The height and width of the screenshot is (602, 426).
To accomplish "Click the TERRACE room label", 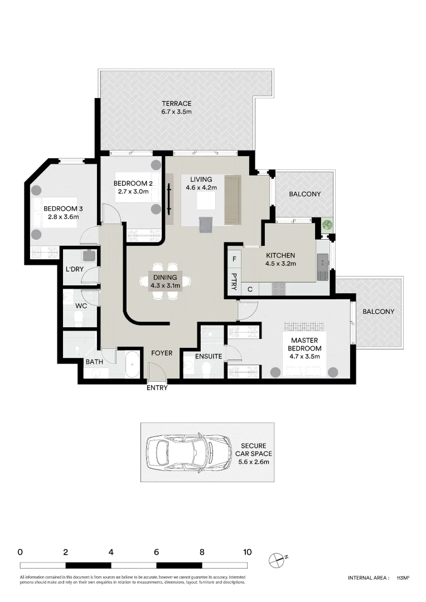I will pos(177,104).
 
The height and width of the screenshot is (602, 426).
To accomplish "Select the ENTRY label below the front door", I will pos(157,388).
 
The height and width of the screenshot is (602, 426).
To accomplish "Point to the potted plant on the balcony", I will pos(327,226).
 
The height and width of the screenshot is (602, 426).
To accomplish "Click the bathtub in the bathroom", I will pos(133,365).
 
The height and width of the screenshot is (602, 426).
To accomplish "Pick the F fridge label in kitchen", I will pos(234,259).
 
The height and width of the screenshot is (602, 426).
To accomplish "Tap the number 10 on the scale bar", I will pos(247,552).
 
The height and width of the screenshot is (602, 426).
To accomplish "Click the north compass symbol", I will pos(277,559).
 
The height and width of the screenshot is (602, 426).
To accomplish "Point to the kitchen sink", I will pos(322,266).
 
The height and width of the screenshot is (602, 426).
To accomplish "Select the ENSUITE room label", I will pos(209,356).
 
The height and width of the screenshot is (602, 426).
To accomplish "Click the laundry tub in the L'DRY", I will pos(88,256).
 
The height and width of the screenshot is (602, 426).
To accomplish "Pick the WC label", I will pos(81,306).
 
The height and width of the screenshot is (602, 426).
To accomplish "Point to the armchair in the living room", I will pos(206,224).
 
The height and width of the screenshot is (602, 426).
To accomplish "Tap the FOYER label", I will pos(162,353).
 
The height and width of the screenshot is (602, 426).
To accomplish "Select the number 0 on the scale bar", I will pos(20,552).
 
